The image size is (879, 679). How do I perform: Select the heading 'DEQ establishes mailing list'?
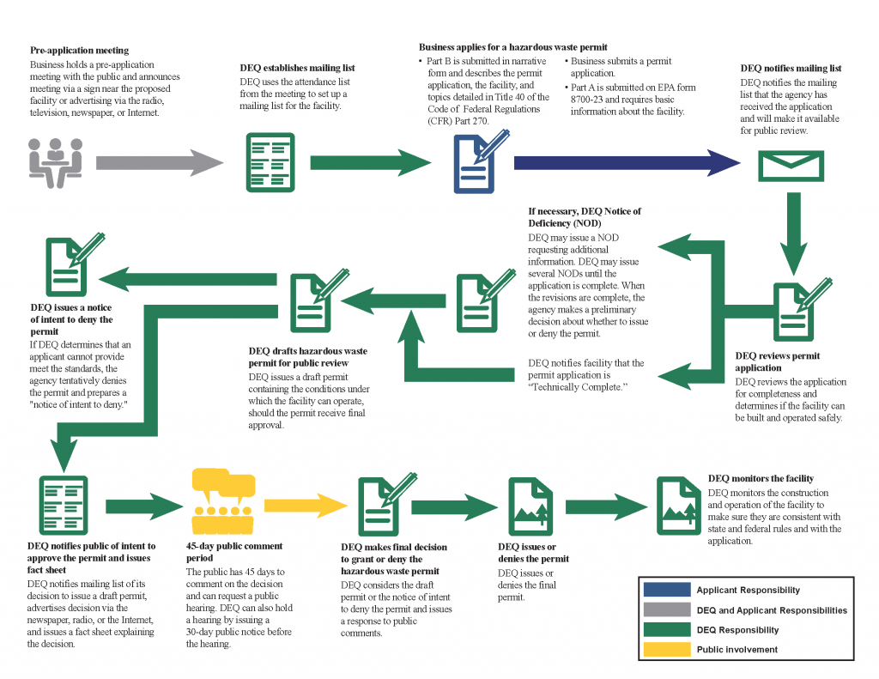[x=297, y=68]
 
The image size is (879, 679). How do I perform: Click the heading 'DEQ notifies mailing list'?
[x=791, y=68]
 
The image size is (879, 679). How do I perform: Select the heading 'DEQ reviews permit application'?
[x=778, y=361]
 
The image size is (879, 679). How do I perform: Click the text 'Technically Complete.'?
[x=579, y=388]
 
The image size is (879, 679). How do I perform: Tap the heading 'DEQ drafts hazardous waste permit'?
[x=308, y=357]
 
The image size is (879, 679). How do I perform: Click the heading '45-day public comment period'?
[x=234, y=552]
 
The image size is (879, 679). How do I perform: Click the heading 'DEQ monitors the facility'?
[x=761, y=478]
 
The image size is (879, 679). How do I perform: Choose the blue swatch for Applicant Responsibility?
[x=666, y=590]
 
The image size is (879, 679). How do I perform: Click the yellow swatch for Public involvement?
[x=666, y=650]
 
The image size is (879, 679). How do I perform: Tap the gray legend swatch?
[x=666, y=609]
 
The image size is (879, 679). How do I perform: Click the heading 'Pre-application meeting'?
[x=79, y=51]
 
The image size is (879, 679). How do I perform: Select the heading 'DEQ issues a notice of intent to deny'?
[x=71, y=319]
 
